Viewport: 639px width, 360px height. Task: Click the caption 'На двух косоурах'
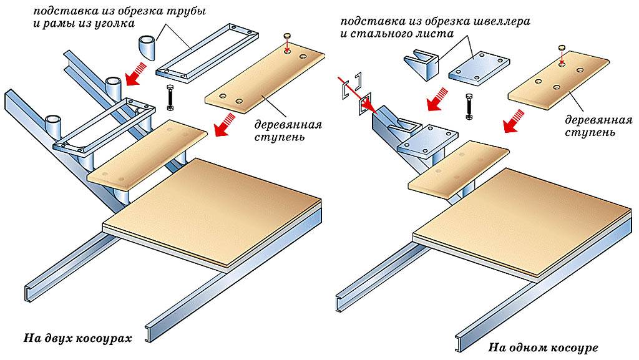[78, 338]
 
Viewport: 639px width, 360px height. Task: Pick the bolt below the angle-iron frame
[170, 96]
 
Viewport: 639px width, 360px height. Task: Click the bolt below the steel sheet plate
[470, 105]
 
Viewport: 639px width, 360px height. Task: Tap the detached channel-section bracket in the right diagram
[421, 62]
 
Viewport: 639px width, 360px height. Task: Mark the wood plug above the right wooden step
[561, 47]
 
